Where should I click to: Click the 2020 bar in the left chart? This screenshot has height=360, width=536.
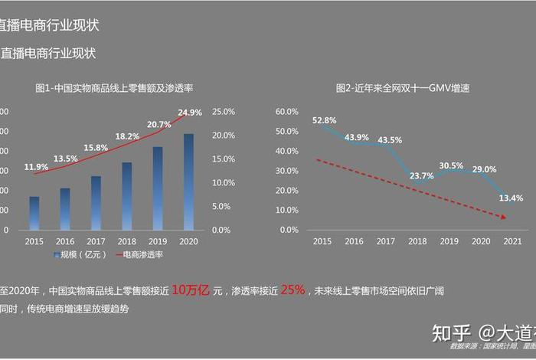pyautogui.click(x=188, y=182)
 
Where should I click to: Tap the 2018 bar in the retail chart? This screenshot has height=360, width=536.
pyautogui.click(x=127, y=195)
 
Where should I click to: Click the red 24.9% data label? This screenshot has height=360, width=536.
pyautogui.click(x=190, y=113)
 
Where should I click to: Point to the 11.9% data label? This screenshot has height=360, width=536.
pyautogui.click(x=36, y=167)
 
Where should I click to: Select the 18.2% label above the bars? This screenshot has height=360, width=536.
pyautogui.click(x=127, y=136)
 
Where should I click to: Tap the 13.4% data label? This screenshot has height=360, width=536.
pyautogui.click(x=511, y=198)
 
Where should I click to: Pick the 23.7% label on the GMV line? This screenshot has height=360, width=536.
pyautogui.click(x=421, y=175)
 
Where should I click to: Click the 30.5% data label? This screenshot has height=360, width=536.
pyautogui.click(x=451, y=165)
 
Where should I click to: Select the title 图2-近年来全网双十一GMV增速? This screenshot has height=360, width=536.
pyautogui.click(x=403, y=88)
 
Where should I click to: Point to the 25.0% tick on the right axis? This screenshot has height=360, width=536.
pyautogui.click(x=222, y=111)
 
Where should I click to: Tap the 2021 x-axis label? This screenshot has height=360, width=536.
pyautogui.click(x=514, y=241)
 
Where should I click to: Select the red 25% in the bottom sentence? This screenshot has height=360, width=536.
pyautogui.click(x=293, y=290)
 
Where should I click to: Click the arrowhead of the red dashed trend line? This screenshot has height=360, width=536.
pyautogui.click(x=505, y=218)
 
